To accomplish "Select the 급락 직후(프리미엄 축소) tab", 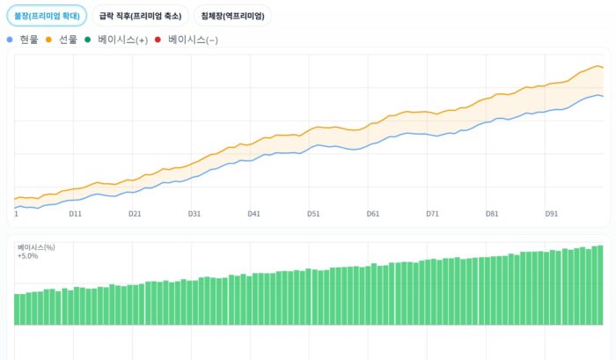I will [140, 16].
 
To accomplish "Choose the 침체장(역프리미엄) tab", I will [232, 16].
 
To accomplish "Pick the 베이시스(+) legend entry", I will [122, 40].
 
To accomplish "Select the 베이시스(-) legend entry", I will [186, 40].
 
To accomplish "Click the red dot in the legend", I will [158, 40].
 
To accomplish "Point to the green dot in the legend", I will [88, 40].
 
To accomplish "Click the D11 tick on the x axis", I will [75, 214].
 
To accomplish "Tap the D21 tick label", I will [135, 214].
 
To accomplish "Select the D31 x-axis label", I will [194, 214].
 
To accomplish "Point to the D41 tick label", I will [253, 214].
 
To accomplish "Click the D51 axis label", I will [313, 214].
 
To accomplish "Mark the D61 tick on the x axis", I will [373, 214].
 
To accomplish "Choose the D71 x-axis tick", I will [432, 214].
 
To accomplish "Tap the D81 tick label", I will [492, 214].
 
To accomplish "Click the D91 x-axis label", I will [552, 214].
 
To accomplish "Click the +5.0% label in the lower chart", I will [27, 256].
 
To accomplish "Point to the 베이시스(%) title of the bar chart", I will [36, 247].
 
